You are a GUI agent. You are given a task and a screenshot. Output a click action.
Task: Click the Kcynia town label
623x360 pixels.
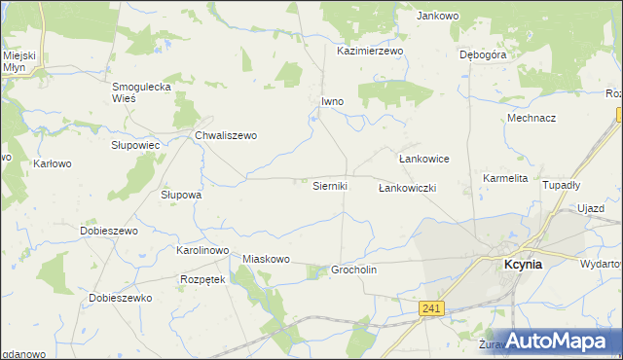click(522, 264)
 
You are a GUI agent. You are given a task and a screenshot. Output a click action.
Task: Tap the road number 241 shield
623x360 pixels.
click(433, 308)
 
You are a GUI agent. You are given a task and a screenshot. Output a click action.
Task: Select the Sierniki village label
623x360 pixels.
click(329, 186)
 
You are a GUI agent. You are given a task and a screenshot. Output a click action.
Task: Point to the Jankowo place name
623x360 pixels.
click(437, 16)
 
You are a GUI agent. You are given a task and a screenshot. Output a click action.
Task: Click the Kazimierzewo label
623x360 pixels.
click(370, 51)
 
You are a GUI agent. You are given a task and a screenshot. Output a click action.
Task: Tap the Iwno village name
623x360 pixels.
click(333, 101)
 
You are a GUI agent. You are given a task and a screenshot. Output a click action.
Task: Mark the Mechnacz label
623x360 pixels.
click(531, 118)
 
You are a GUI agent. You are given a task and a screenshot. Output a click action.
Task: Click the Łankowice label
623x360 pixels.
click(423, 158)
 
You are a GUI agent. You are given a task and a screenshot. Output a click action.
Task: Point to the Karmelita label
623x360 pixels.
click(505, 179)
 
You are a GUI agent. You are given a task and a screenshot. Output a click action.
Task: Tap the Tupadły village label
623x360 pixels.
click(561, 185)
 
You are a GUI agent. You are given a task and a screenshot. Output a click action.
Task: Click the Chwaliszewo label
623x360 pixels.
click(226, 135)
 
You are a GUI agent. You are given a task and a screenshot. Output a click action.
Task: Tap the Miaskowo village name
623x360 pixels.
click(267, 259)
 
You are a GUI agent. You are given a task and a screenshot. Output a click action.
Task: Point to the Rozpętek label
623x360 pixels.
click(202, 279)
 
